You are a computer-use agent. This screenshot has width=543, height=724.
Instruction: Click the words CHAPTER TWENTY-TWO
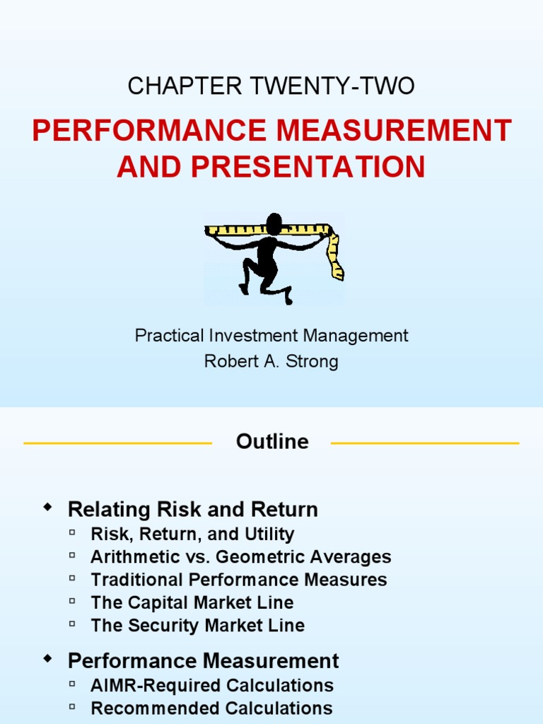point(271,86)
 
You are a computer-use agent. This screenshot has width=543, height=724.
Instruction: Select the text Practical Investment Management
point(271,335)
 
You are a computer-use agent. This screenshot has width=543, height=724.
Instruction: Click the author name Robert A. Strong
point(271,361)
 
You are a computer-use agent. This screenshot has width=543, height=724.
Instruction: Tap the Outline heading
point(272,442)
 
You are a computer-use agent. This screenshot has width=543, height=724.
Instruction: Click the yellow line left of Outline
point(117,443)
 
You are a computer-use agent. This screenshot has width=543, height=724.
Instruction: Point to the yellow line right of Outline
point(425,443)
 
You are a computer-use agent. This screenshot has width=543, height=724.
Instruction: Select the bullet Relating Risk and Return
point(192,509)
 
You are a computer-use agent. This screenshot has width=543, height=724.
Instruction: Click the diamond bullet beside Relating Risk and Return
point(47,507)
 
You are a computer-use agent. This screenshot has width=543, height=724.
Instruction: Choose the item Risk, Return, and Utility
point(192,535)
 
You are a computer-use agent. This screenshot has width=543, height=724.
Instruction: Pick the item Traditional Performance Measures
point(239,580)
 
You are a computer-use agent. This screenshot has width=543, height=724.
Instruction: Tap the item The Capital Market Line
point(192,602)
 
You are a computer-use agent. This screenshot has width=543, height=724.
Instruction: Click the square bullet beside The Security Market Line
point(73,624)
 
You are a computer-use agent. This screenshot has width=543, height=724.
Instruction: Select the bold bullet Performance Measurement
point(203,661)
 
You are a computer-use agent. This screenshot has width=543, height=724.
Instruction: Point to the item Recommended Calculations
point(211,708)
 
